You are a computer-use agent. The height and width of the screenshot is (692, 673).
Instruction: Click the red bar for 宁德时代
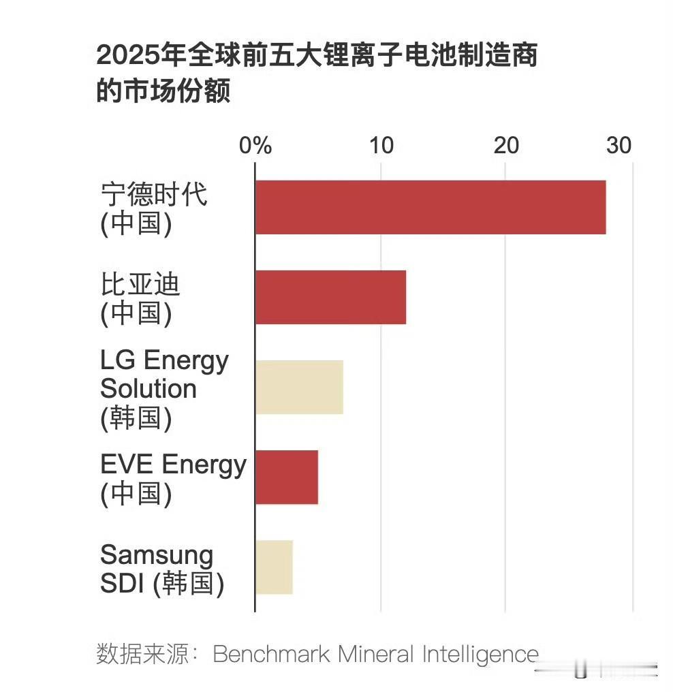[x=431, y=208]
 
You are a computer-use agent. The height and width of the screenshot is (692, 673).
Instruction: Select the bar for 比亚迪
[x=330, y=297]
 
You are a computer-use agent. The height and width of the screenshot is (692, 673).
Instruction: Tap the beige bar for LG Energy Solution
[x=299, y=387]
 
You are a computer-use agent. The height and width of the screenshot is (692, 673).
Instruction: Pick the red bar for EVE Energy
[x=287, y=477]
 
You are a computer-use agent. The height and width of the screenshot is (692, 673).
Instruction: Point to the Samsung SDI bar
[x=274, y=567]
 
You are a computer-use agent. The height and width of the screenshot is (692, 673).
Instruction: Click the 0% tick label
[x=255, y=146]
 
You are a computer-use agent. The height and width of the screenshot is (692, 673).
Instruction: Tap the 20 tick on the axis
[x=506, y=146]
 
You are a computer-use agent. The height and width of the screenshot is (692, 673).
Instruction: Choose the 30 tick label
[x=619, y=146]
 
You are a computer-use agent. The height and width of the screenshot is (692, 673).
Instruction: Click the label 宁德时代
[x=154, y=195]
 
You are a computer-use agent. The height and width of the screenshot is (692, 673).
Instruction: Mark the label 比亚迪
[x=140, y=284]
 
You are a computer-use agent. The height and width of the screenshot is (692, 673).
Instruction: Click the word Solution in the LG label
[x=148, y=389]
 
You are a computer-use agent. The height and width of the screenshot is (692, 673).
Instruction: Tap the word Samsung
[x=157, y=555]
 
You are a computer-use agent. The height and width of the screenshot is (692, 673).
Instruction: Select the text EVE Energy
[x=173, y=465]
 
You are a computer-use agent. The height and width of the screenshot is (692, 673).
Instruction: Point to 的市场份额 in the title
[x=163, y=91]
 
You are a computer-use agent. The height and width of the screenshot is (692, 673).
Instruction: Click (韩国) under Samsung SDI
[x=188, y=584]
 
